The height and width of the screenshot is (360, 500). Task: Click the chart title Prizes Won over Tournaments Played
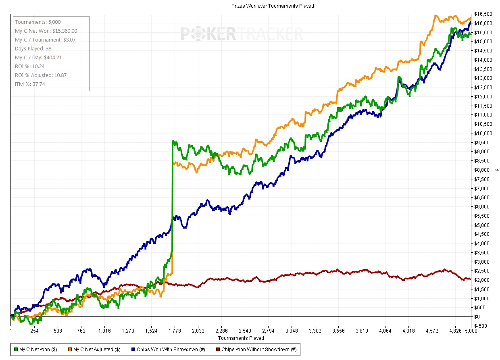[273, 6]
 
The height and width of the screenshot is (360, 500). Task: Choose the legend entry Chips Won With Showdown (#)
[168, 349]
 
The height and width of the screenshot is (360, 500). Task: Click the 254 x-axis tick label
[34, 331]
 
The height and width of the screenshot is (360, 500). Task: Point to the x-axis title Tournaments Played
[241, 338]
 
